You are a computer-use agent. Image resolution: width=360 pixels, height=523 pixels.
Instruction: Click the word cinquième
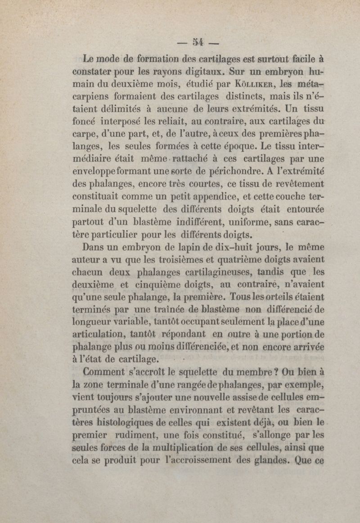pyautogui.click(x=153, y=284)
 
